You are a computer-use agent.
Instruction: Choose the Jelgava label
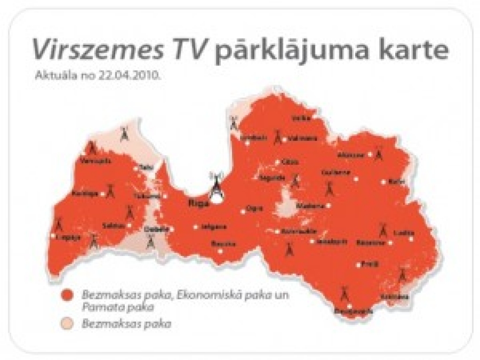click(207, 227)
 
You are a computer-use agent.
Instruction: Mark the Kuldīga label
click(85, 194)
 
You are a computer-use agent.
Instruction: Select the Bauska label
click(220, 244)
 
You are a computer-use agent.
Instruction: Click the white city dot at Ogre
click(243, 211)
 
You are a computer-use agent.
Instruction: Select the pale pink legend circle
click(68, 323)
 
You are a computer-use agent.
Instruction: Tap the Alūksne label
click(351, 154)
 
